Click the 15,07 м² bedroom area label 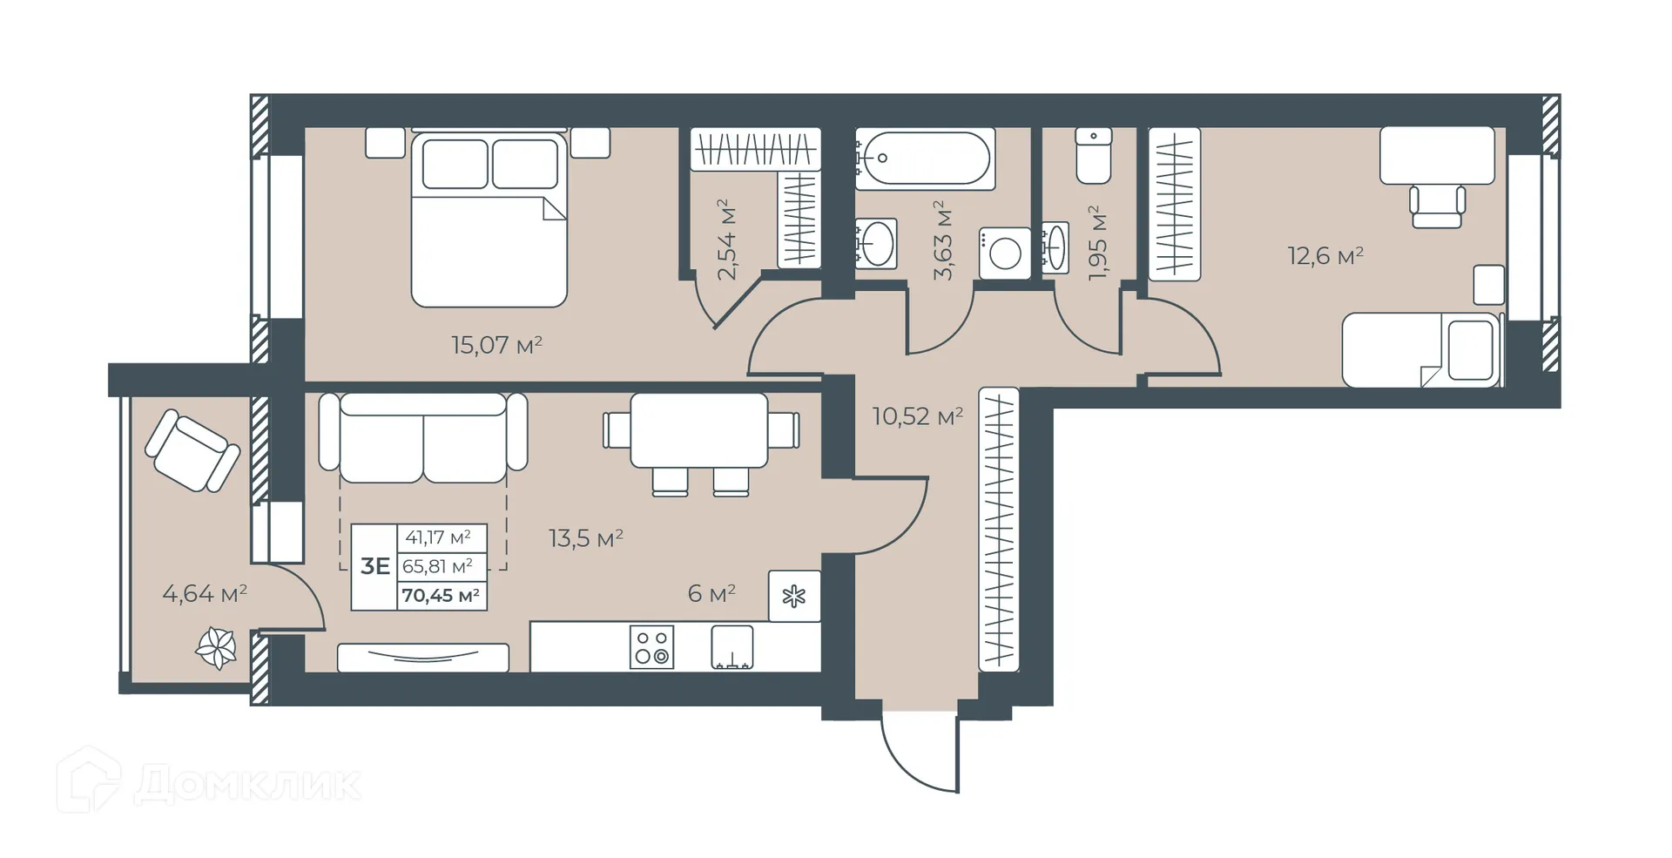(x=496, y=345)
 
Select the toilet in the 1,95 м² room (x=1093, y=156)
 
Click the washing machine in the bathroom (x=1005, y=253)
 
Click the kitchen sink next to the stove (x=731, y=647)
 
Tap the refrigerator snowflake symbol (x=793, y=597)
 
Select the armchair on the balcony (x=192, y=451)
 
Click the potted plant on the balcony (x=216, y=647)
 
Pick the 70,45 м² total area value (x=441, y=596)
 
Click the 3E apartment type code (x=374, y=567)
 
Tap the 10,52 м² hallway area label (x=918, y=416)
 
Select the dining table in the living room (x=698, y=430)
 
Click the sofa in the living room (x=423, y=437)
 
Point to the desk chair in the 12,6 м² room (x=1437, y=206)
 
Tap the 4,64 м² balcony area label (x=205, y=594)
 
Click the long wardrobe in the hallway (x=999, y=530)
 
